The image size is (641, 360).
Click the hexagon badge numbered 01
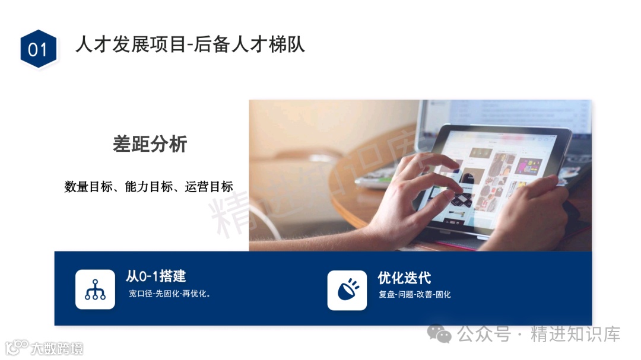coord(38,49)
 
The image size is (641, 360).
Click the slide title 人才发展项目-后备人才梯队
coord(190,45)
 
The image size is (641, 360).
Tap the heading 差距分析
coord(150,144)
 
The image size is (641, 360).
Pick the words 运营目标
coord(209,187)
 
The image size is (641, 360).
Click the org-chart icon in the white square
coord(95,289)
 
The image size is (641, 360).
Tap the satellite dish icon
coord(347,290)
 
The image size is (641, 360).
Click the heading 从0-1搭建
coord(156,276)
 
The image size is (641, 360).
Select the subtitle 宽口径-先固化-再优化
coord(170,294)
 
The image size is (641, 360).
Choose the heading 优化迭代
coord(404,278)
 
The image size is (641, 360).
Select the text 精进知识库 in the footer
coord(575,334)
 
